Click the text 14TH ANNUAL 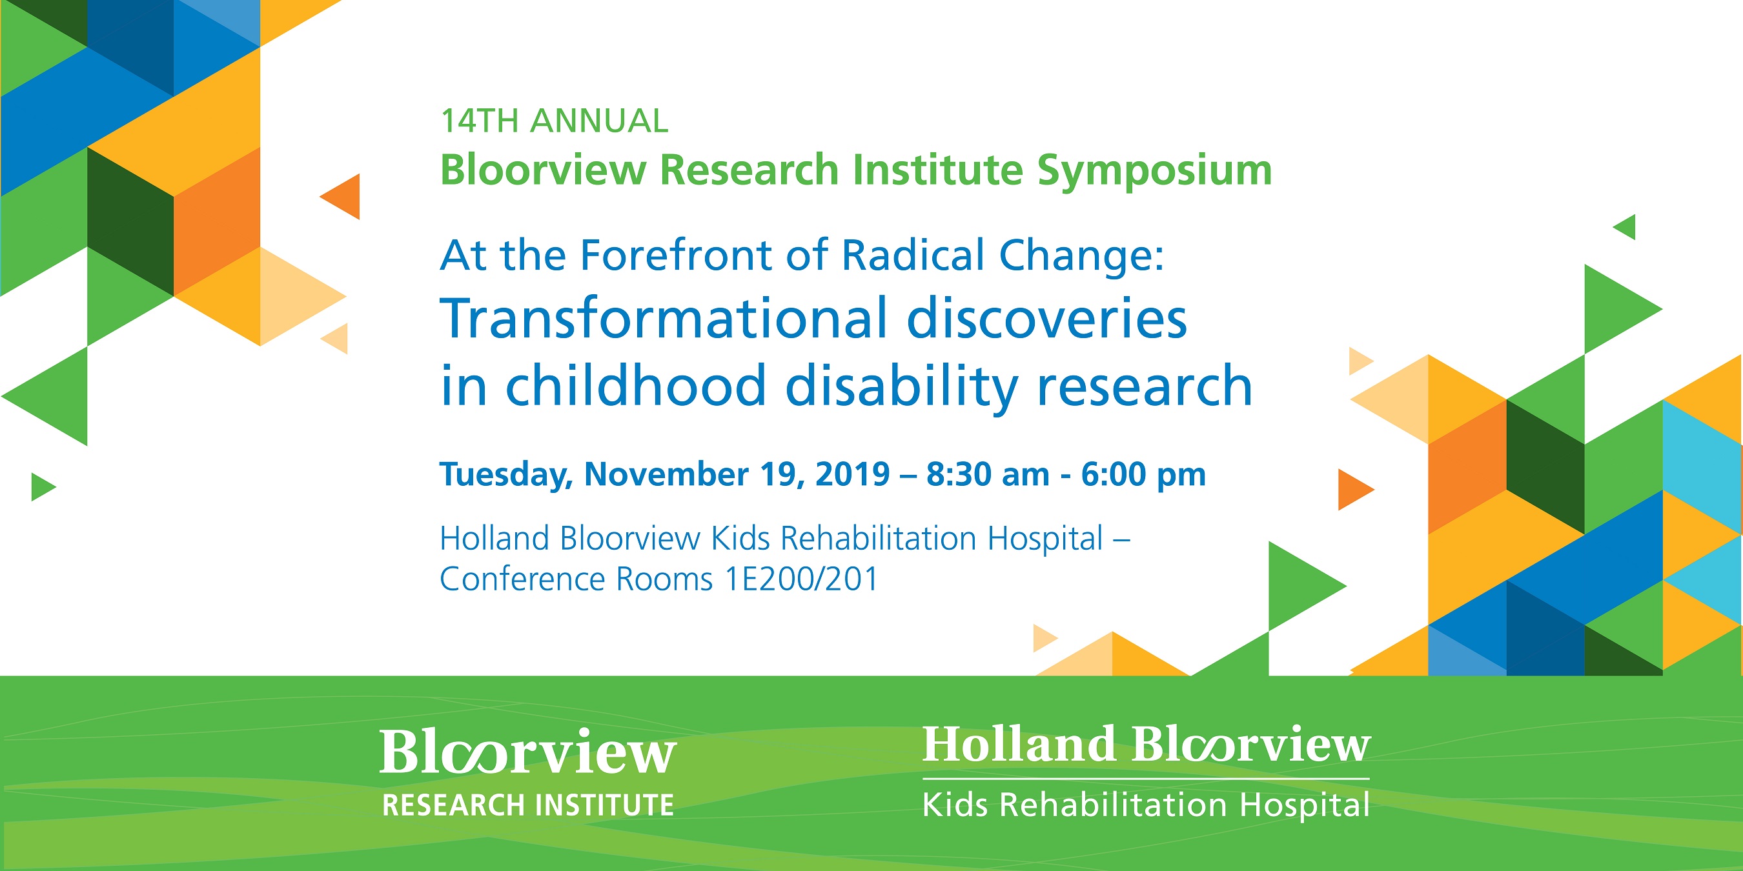coord(554,122)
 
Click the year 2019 coord(852,474)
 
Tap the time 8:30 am coord(987,474)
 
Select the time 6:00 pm coord(1143,474)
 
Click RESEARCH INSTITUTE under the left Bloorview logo coord(528,805)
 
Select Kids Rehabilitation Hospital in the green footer coord(1145,805)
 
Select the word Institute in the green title coord(937,170)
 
